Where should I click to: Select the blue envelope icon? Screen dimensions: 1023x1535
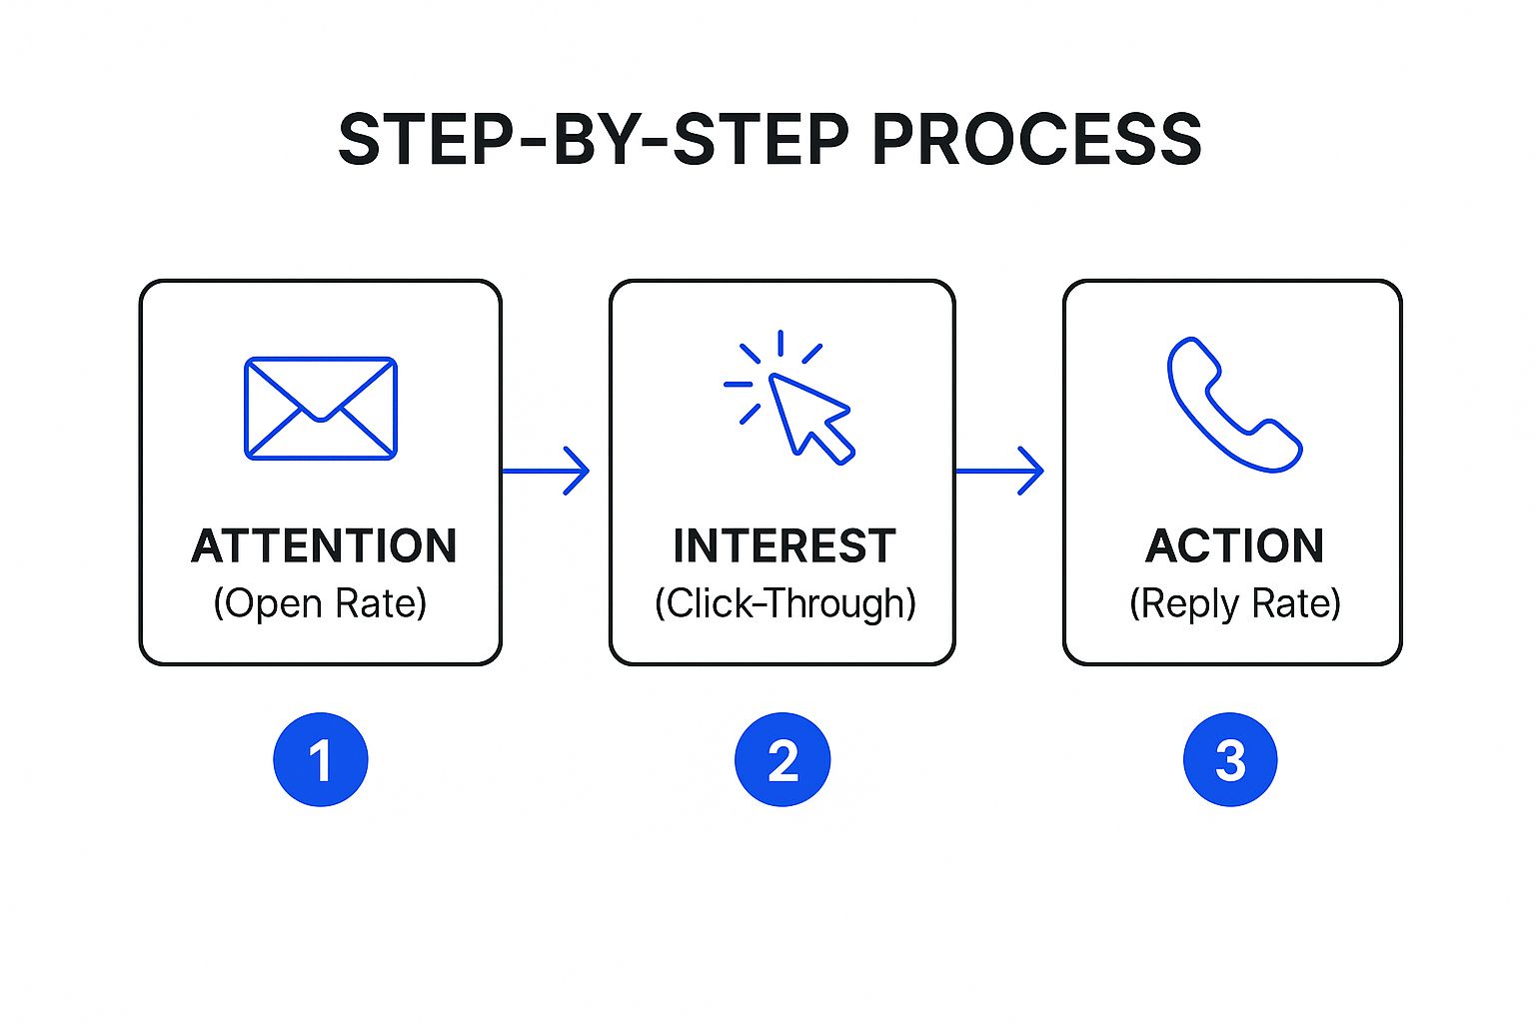tap(321, 408)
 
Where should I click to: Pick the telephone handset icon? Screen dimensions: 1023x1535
tap(1233, 405)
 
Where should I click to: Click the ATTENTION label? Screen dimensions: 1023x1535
tap(324, 546)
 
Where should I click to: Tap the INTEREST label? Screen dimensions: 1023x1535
tap(783, 546)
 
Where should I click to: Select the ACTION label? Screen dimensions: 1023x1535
tap(1234, 546)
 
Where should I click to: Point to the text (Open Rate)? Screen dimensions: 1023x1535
tap(320, 603)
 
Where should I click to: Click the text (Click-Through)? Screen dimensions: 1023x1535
tap(784, 603)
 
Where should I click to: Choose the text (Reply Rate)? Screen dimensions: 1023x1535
tap(1234, 603)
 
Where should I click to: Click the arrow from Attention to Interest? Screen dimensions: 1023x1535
tap(546, 470)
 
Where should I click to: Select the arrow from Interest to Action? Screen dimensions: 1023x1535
tap(999, 470)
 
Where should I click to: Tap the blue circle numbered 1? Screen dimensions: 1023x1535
tap(321, 759)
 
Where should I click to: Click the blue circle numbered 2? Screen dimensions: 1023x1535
tap(782, 759)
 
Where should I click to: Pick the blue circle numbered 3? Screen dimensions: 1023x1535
tap(1230, 759)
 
